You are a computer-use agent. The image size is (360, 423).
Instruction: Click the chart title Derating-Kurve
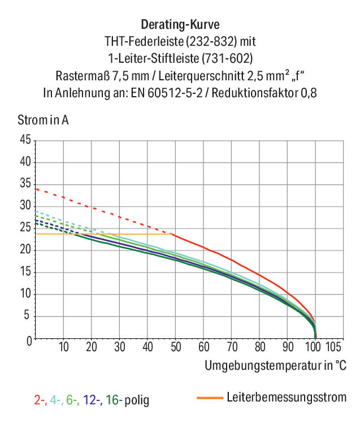pyautogui.click(x=180, y=24)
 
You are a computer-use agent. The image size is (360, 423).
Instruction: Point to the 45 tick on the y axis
pyautogui.click(x=25, y=140)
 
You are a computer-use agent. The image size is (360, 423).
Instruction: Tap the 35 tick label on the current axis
pyautogui.click(x=25, y=184)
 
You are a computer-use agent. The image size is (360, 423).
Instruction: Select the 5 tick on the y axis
pyautogui.click(x=27, y=315)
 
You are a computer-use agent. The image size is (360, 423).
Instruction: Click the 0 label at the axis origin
pyautogui.click(x=29, y=341)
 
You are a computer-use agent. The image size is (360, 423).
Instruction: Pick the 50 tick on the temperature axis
pyautogui.click(x=176, y=347)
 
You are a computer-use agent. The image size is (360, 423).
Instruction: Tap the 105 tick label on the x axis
pyautogui.click(x=333, y=347)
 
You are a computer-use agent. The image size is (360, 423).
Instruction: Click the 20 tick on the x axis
pyautogui.click(x=92, y=347)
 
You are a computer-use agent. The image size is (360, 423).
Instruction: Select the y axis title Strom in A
pyautogui.click(x=43, y=120)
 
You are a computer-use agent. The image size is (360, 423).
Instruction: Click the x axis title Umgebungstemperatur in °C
pyautogui.click(x=275, y=366)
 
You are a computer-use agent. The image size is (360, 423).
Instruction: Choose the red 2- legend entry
pyautogui.click(x=41, y=400)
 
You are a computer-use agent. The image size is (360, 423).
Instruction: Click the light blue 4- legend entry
pyautogui.click(x=57, y=400)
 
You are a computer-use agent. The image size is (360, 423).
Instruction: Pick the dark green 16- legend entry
pyautogui.click(x=114, y=400)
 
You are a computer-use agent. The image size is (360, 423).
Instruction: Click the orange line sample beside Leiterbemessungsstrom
pyautogui.click(x=210, y=398)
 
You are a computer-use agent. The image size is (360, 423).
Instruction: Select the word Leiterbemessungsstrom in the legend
pyautogui.click(x=287, y=398)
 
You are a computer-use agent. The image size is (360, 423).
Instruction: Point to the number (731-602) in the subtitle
pyautogui.click(x=227, y=59)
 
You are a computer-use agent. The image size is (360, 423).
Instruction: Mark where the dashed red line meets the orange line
pyautogui.click(x=171, y=234)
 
